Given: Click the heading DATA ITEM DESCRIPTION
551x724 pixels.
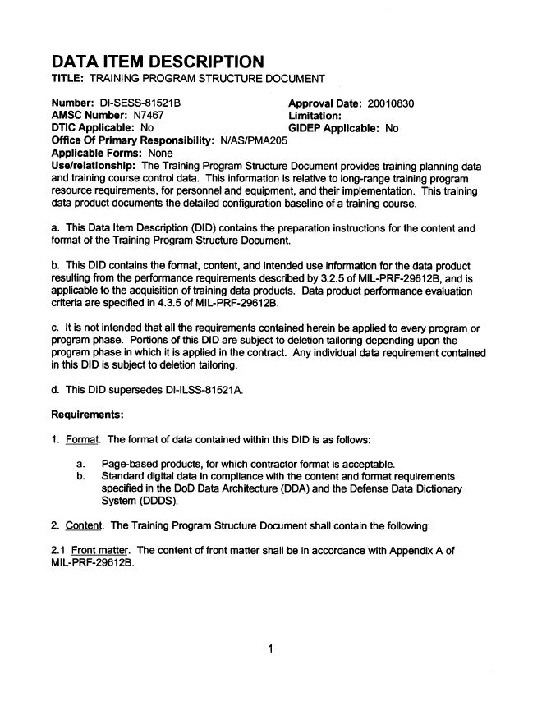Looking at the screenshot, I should click(158, 62).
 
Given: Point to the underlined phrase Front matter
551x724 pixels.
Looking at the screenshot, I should click(99, 548).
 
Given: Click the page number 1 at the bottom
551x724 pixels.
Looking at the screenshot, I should click(270, 650).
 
